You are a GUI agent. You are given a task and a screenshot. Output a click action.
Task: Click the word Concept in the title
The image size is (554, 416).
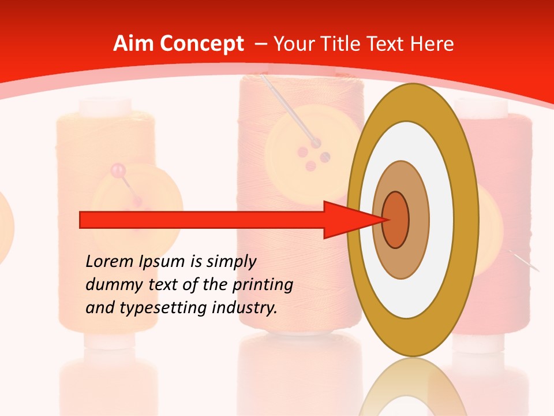(202, 44)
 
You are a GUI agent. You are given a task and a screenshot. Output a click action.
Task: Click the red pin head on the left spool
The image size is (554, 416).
(118, 170)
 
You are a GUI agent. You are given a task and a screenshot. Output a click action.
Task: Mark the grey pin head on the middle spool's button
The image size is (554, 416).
(317, 142)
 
